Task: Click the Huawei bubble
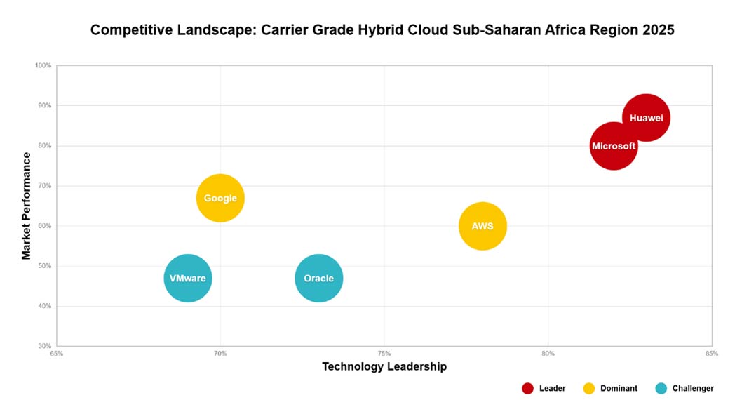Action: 646,118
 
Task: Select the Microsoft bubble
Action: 614,146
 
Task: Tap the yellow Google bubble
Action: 220,198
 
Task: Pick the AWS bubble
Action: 482,226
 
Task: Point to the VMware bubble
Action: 187,279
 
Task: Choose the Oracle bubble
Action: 318,279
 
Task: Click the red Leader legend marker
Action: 528,388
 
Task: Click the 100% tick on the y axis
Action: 43,66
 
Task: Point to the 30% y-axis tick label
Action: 44,346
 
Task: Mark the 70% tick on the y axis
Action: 44,186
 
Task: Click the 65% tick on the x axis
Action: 57,354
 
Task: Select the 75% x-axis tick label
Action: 384,354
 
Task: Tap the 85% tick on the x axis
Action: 712,354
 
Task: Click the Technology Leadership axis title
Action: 384,366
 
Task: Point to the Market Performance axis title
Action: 27,206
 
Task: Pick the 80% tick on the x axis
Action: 548,354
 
